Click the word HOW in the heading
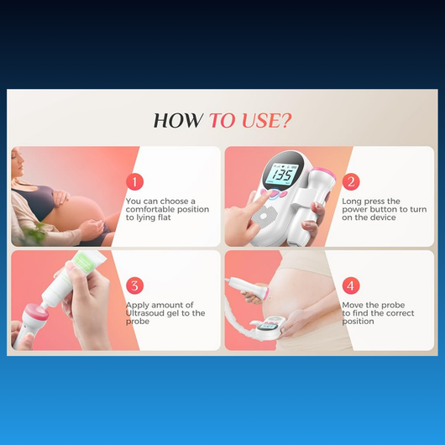(x=177, y=121)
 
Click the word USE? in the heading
(x=266, y=121)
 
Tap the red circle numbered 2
(x=351, y=182)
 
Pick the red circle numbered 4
(x=351, y=285)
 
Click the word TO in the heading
(x=222, y=121)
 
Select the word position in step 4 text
(x=358, y=322)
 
